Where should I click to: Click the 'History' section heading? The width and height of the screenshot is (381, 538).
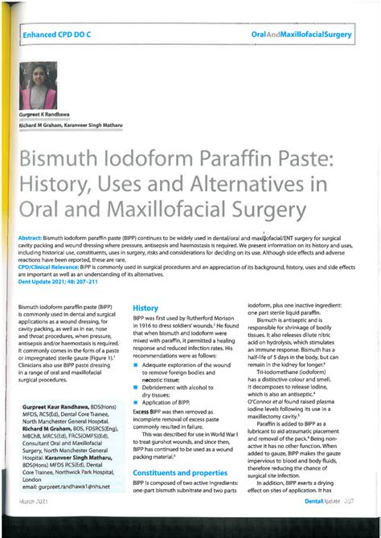pos(145,308)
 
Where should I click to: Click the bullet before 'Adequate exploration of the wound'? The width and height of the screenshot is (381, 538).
pos(136,365)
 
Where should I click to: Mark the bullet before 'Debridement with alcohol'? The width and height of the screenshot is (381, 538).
pos(136,387)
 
